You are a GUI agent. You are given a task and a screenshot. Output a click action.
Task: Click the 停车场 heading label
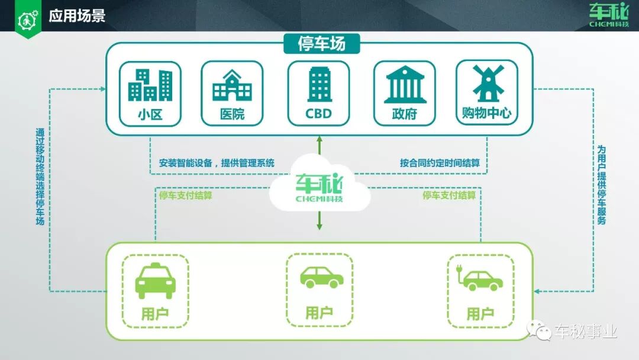pyautogui.click(x=321, y=44)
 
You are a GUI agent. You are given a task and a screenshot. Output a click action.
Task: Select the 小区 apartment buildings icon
pyautogui.click(x=150, y=85)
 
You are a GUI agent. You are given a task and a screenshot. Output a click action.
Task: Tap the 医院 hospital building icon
pyautogui.click(x=232, y=85)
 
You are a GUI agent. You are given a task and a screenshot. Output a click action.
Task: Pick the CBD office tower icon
pyautogui.click(x=318, y=84)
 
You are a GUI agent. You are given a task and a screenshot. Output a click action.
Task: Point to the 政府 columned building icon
pyautogui.click(x=405, y=86)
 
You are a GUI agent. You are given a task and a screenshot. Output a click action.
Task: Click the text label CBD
pyautogui.click(x=318, y=113)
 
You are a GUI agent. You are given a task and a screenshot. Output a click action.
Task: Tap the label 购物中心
pyautogui.click(x=486, y=112)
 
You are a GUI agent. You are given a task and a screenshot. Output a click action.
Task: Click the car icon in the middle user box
pyautogui.click(x=319, y=277)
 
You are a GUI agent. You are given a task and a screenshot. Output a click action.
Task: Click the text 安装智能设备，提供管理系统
pyautogui.click(x=217, y=163)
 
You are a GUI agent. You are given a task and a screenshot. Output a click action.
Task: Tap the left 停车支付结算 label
pyautogui.click(x=185, y=195)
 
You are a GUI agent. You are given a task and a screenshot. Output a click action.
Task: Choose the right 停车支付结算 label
pyautogui.click(x=449, y=195)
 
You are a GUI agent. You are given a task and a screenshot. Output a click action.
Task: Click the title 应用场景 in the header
pyautogui.click(x=77, y=16)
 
